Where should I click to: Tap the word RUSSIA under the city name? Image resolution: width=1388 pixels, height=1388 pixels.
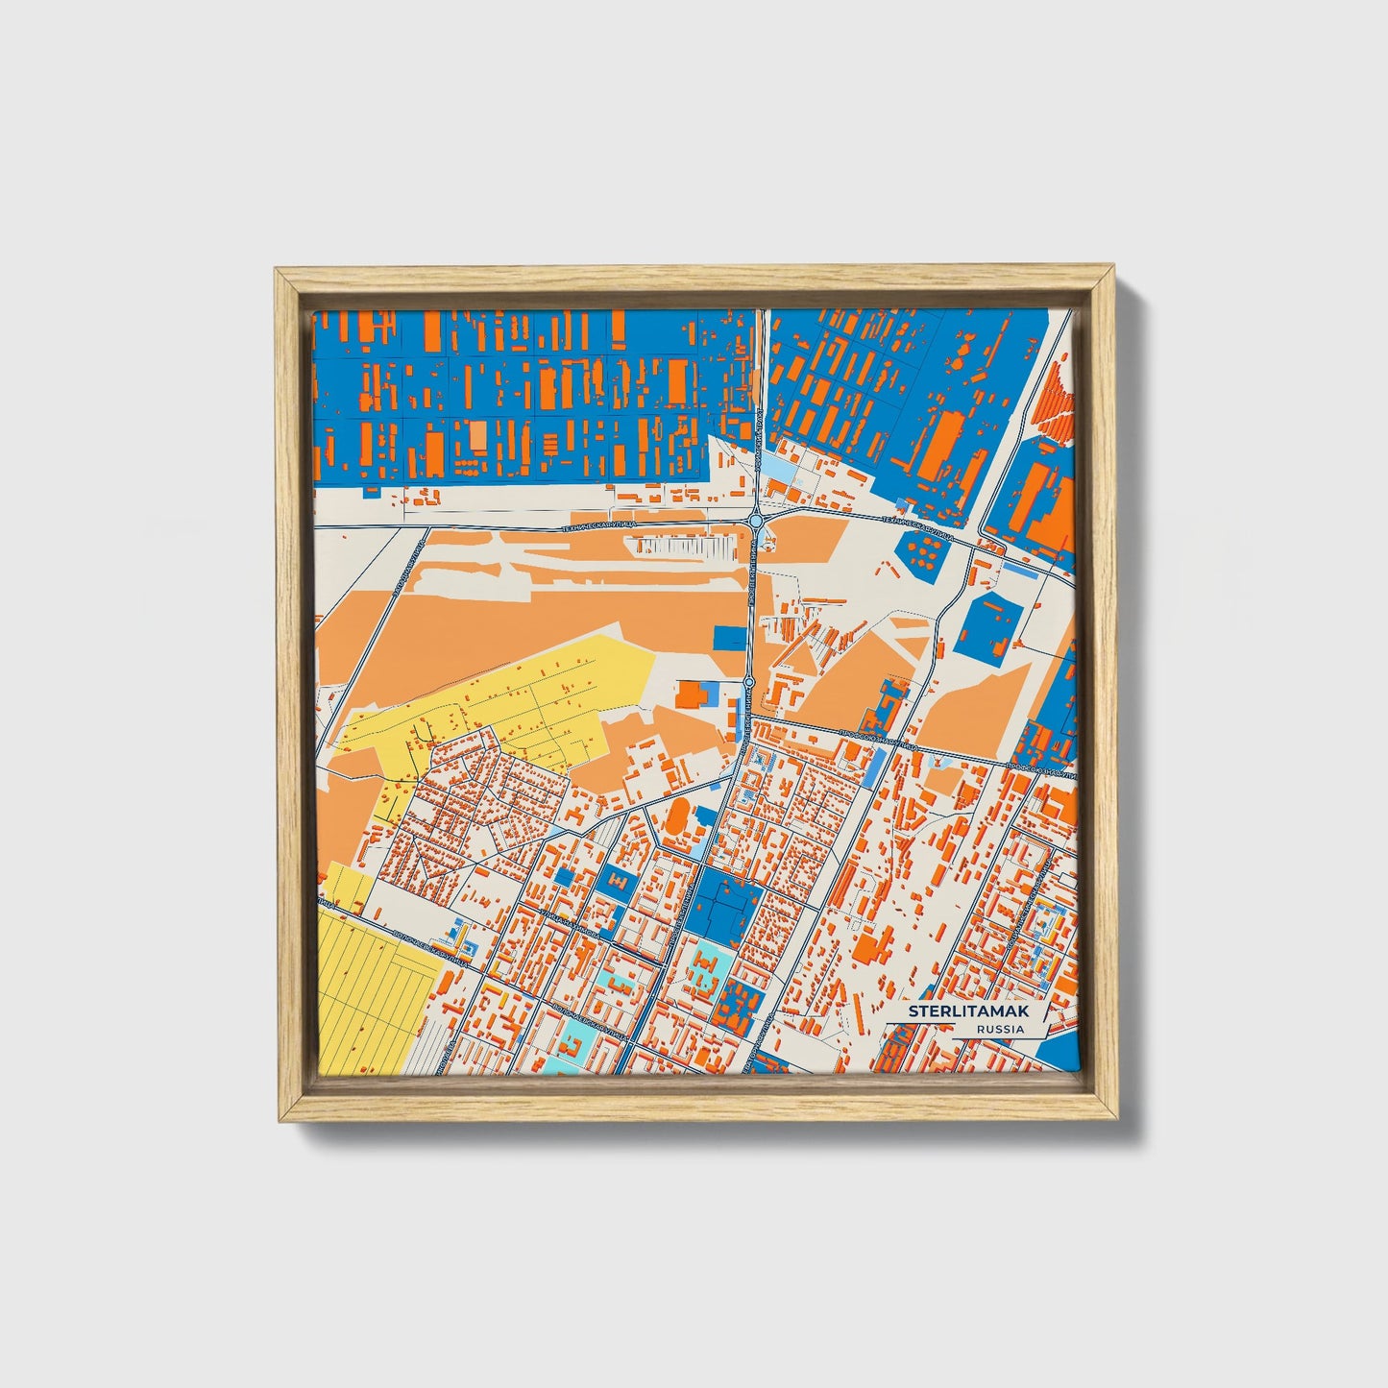pyautogui.click(x=999, y=1029)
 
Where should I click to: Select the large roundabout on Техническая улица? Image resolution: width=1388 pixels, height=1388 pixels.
pyautogui.click(x=756, y=521)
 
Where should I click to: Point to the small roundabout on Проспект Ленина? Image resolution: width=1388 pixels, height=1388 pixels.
pyautogui.click(x=749, y=683)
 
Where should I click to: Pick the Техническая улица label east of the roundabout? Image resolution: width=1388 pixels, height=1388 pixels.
pyautogui.click(x=917, y=525)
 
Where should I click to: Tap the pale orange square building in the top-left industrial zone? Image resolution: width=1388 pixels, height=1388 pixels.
pyautogui.click(x=477, y=437)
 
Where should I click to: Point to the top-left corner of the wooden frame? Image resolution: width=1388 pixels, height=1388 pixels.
pyautogui.click(x=279, y=272)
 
